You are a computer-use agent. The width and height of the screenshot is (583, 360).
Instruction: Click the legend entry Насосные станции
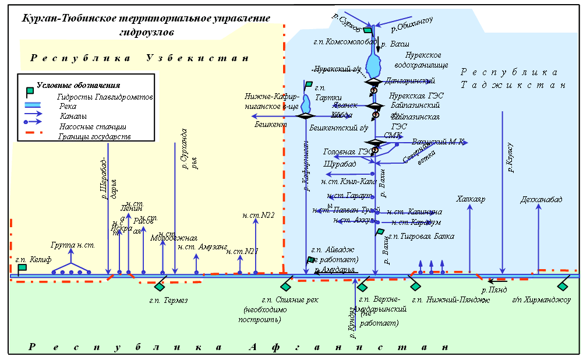tap(93, 126)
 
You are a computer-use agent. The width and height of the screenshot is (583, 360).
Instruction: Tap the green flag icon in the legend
tap(29, 91)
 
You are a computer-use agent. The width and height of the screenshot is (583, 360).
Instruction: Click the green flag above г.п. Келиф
tap(22, 268)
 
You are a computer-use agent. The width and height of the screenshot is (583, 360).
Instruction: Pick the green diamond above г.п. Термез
tap(160, 286)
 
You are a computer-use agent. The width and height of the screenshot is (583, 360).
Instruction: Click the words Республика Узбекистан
tap(139, 58)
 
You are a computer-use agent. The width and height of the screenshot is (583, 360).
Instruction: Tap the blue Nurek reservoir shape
tap(373, 61)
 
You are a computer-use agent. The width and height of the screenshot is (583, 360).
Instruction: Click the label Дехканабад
tap(542, 200)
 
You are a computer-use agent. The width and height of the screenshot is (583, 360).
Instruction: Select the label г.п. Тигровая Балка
tap(421, 236)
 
